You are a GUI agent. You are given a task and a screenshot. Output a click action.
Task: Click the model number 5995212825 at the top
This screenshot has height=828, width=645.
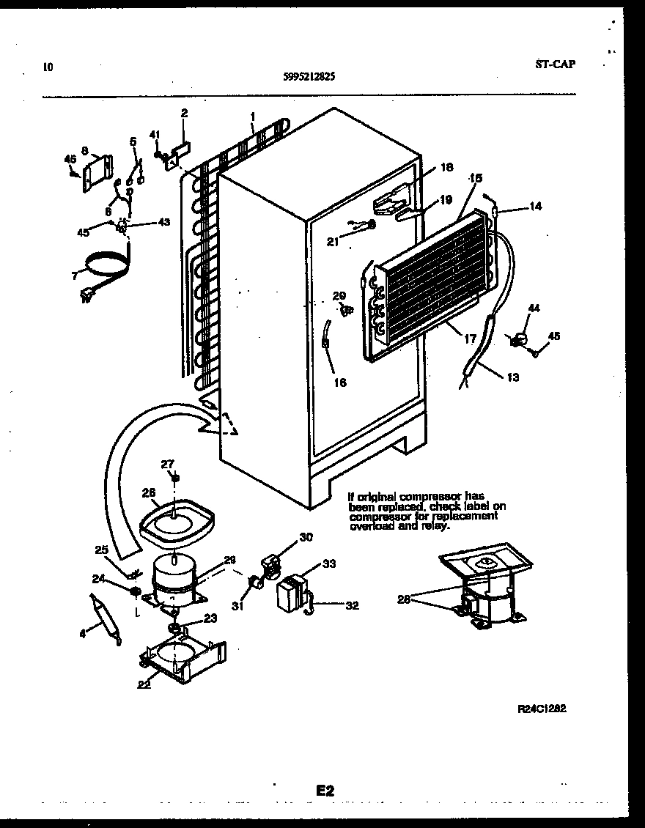[x=309, y=75]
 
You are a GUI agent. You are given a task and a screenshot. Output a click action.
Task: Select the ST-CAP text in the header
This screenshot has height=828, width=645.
[x=555, y=64]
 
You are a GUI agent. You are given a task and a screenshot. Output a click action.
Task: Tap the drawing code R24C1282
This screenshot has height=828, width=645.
[x=542, y=709]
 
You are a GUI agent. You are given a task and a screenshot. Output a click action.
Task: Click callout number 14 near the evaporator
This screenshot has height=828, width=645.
[x=535, y=207]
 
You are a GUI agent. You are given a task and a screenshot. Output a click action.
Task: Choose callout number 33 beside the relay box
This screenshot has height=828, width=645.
[x=329, y=563]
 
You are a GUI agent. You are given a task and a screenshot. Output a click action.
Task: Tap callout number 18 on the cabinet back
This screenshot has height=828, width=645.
[x=446, y=168]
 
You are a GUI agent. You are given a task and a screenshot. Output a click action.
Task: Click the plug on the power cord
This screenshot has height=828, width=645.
[x=86, y=296]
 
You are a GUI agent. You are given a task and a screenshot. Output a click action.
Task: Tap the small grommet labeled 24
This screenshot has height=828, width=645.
[x=134, y=591]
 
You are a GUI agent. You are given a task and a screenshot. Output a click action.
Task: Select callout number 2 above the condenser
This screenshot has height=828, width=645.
[x=184, y=113]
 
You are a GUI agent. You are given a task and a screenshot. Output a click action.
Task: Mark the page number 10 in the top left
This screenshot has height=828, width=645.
[x=48, y=67]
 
